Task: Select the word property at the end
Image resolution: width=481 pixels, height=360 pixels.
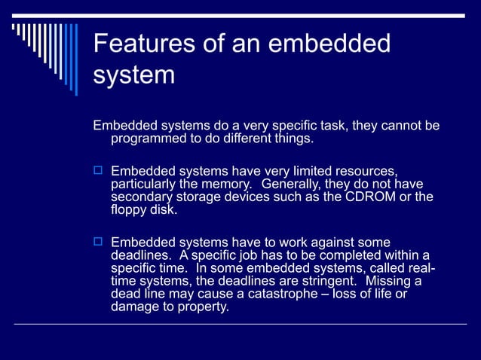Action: coord(203,307)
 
